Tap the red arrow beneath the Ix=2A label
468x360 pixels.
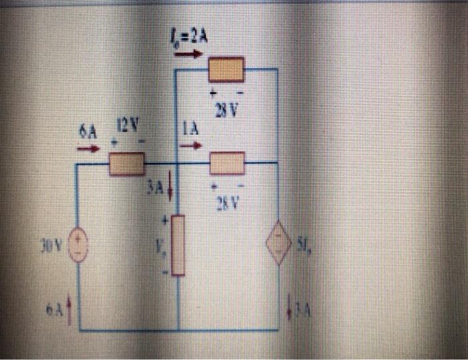click(x=188, y=54)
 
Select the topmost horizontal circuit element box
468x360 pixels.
click(x=227, y=69)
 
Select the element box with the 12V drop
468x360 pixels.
click(x=126, y=163)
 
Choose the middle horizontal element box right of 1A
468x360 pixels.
click(x=227, y=162)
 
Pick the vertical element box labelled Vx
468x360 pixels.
click(x=178, y=245)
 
